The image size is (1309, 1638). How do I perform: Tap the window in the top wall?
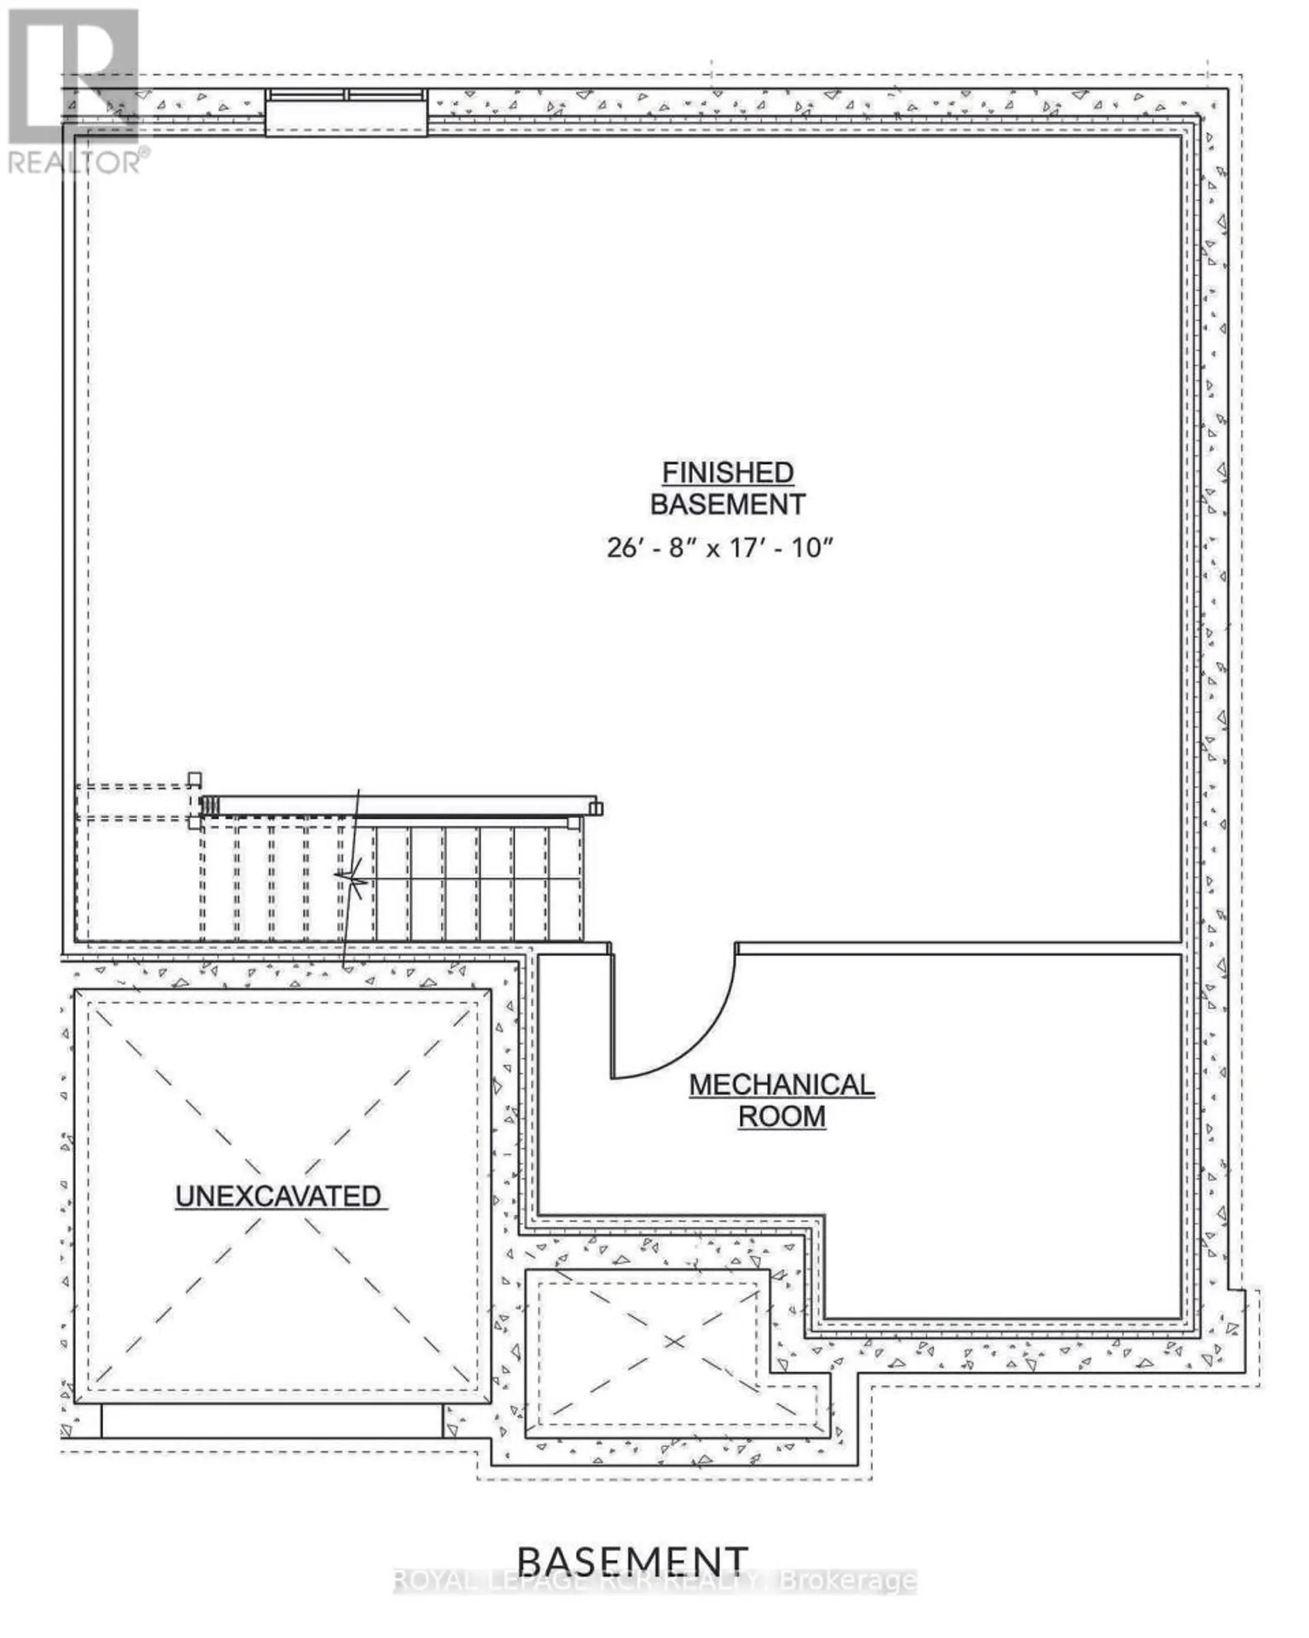pyautogui.click(x=346, y=112)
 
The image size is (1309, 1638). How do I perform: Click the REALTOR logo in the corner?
pyautogui.click(x=74, y=91)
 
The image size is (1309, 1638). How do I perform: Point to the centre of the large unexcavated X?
pyautogui.click(x=279, y=1196)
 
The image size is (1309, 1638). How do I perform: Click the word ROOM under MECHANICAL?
pyautogui.click(x=781, y=1116)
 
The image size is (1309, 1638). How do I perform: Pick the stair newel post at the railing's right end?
pyautogui.click(x=596, y=808)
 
